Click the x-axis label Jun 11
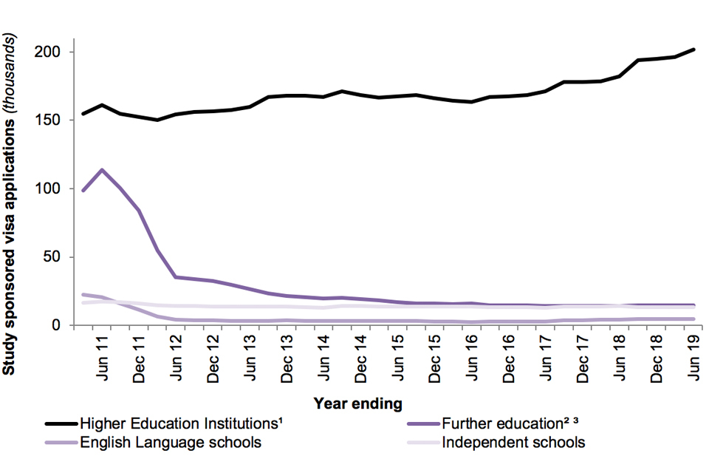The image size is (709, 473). pyautogui.click(x=103, y=358)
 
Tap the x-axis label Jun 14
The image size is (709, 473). pyautogui.click(x=324, y=358)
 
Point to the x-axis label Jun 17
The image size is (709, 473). pyautogui.click(x=546, y=358)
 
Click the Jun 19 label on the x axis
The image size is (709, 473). pyautogui.click(x=693, y=358)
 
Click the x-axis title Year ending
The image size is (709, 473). pyautogui.click(x=358, y=404)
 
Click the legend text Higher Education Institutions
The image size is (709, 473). pyautogui.click(x=182, y=423)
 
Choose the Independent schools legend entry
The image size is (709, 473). pyautogui.click(x=513, y=443)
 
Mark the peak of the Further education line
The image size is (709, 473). pyautogui.click(x=102, y=170)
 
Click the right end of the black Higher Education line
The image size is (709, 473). pyautogui.click(x=693, y=50)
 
